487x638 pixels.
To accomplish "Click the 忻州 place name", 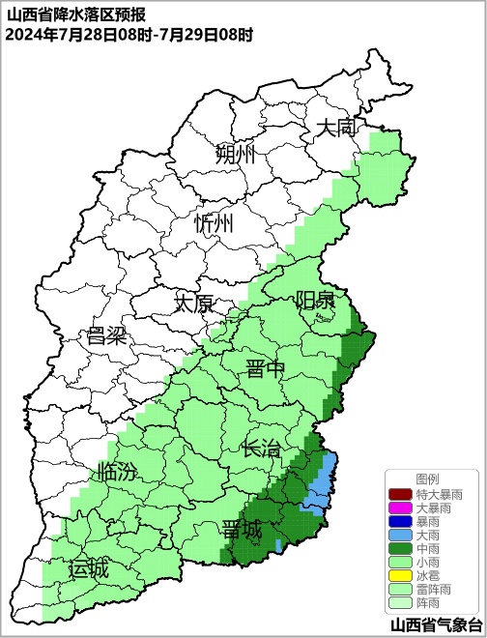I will (214, 224).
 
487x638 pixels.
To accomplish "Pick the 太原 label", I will (193, 304).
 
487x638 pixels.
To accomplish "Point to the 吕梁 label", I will (106, 336).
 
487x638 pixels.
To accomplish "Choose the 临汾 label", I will (117, 473).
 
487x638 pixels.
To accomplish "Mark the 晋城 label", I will (241, 530).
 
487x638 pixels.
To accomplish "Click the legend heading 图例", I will (427, 479).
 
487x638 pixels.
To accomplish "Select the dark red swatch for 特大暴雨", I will (401, 495).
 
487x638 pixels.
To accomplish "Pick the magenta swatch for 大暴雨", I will (401, 508).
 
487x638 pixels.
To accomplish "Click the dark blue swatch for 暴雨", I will (401, 522).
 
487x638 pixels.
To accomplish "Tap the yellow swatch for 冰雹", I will (401, 576).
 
